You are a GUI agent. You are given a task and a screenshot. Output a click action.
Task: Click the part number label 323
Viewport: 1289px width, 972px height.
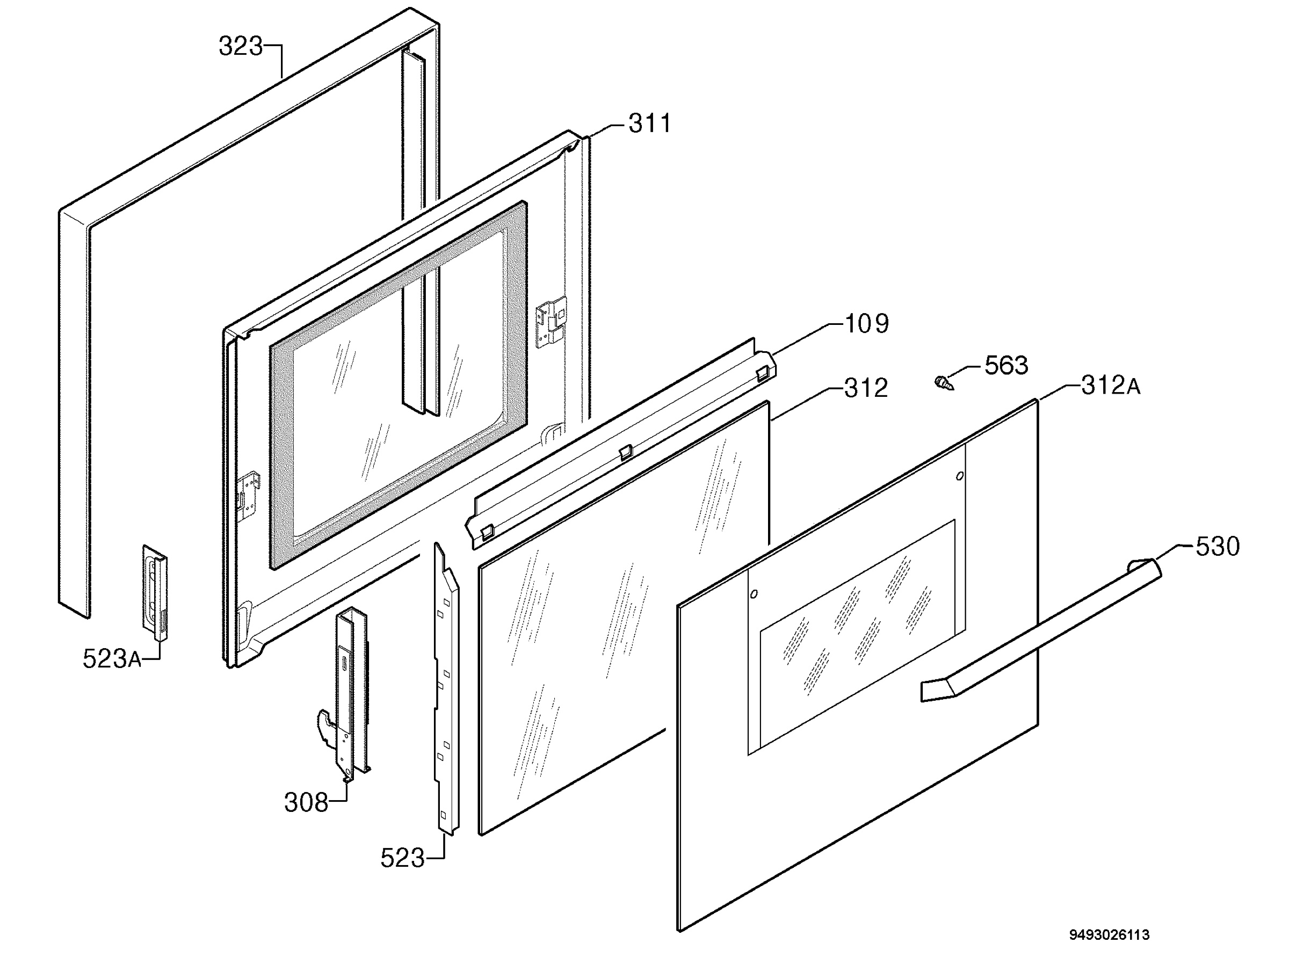pos(241,46)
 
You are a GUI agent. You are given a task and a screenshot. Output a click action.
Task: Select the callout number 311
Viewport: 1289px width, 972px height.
pos(650,124)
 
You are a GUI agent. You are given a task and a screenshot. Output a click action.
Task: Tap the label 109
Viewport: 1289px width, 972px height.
pos(866,323)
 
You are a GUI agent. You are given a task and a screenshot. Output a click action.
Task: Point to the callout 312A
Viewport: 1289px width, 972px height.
pos(1111,385)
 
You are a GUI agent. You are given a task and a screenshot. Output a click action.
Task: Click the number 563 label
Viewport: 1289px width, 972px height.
pos(1006,365)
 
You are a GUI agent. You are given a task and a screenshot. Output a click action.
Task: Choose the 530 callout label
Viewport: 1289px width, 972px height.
pos(1218,547)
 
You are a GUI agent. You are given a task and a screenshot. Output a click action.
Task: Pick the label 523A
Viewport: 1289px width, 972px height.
pos(112,659)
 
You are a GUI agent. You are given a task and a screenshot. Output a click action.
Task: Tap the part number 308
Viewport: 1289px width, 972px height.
pos(306,802)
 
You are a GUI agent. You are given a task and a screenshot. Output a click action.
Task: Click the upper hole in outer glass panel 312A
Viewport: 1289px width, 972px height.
pos(960,476)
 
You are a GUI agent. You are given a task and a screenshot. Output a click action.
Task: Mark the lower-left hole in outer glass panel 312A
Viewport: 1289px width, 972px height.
pos(754,594)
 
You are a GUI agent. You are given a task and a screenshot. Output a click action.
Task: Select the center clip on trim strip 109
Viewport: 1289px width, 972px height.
pos(625,452)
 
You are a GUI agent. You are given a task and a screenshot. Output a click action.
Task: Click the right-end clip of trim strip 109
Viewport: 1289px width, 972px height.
pos(762,372)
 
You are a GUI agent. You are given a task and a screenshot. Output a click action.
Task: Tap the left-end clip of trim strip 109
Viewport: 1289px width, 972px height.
pos(487,532)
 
